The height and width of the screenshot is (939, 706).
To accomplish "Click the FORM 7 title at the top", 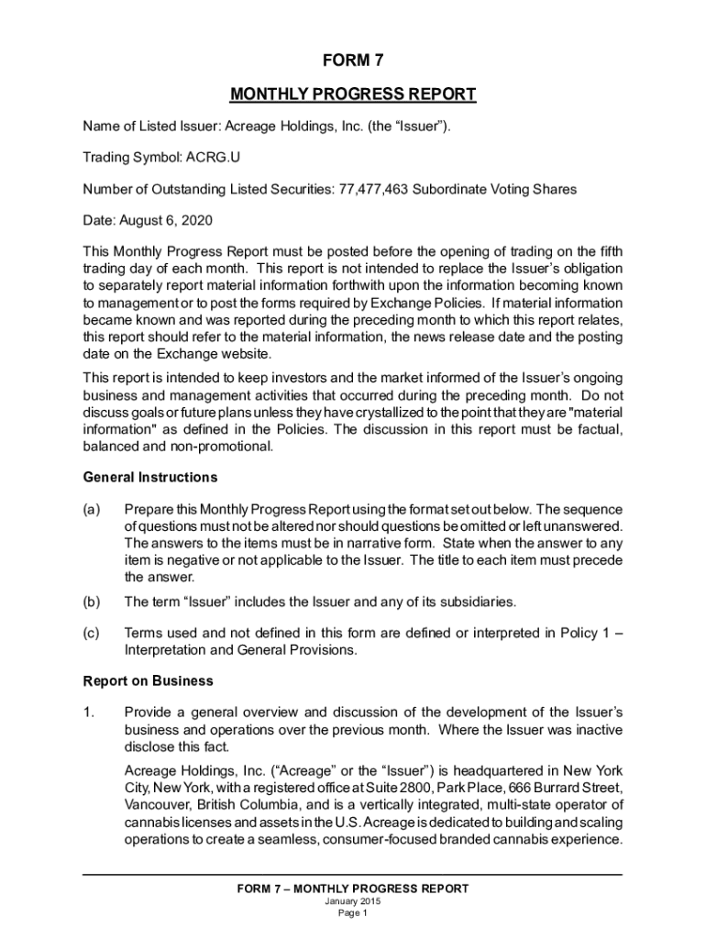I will point(352,61).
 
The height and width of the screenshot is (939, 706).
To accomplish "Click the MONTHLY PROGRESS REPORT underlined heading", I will point(352,94).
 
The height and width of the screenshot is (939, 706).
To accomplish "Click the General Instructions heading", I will point(150,478).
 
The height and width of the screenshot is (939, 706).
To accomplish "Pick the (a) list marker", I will point(92,509).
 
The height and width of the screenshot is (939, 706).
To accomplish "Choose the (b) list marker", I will point(92,602).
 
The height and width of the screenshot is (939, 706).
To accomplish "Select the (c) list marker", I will point(92,634).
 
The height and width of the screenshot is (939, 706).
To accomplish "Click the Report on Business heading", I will point(148,681).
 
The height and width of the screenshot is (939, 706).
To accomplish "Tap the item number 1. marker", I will point(89,713).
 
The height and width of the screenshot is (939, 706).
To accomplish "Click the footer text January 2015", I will point(352,901).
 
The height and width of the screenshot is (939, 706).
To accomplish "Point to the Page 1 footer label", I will point(352,913).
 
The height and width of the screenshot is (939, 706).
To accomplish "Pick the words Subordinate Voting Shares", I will point(494,189).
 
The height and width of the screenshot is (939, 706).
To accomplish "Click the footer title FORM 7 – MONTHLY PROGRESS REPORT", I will point(352,889).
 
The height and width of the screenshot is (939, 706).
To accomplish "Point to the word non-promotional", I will point(221,447).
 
